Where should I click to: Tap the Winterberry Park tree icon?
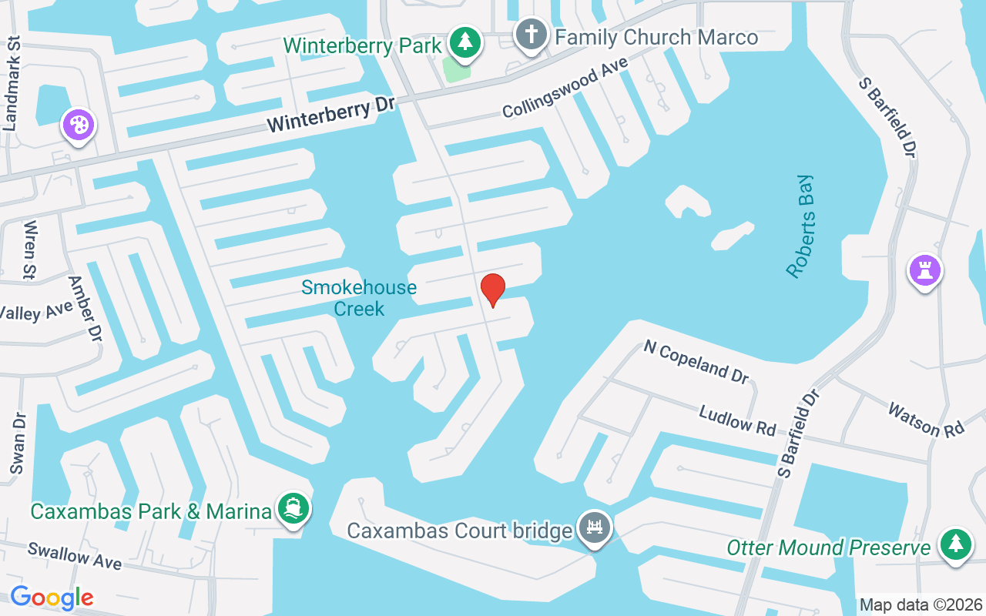tap(464, 43)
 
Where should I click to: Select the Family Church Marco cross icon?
tap(531, 35)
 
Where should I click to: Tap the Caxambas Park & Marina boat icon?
tap(293, 509)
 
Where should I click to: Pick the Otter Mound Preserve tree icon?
tap(955, 544)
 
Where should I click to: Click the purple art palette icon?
tap(79, 125)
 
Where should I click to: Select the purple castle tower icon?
tap(924, 270)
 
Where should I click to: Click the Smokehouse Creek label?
tap(359, 298)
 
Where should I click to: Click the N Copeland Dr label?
tap(696, 361)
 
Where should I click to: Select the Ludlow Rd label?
tap(737, 420)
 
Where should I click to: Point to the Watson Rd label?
tap(926, 419)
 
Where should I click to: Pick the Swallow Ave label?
tap(75, 556)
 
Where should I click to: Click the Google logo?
tap(52, 598)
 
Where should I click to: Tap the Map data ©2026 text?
tap(921, 604)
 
